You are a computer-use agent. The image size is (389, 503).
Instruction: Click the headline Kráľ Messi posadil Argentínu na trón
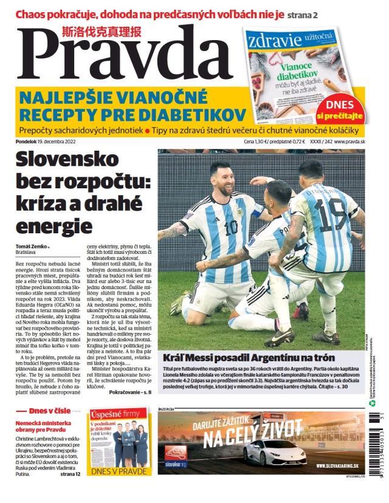pos(247,358)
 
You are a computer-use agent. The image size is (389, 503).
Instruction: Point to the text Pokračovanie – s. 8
pos(129,392)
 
